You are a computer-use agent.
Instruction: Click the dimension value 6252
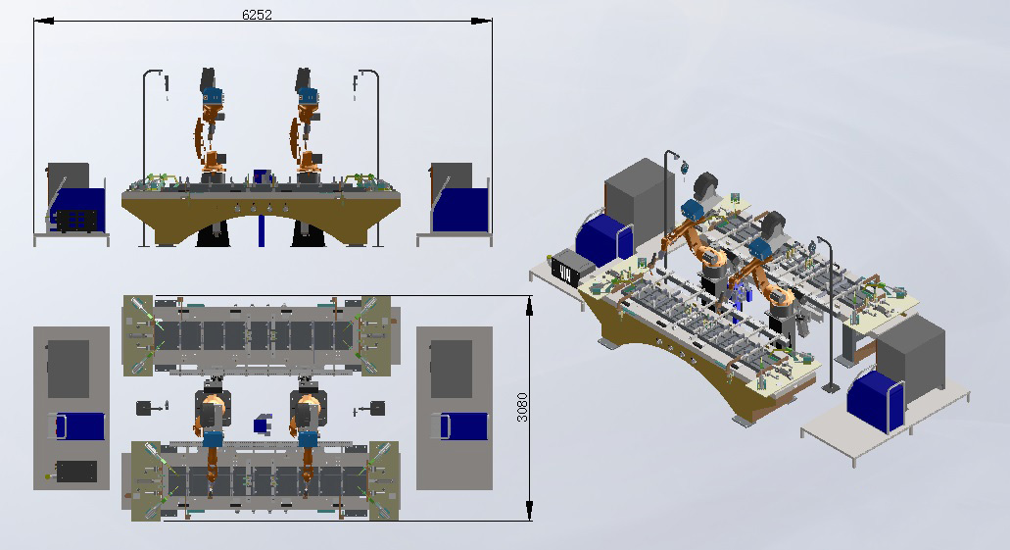pos(257,14)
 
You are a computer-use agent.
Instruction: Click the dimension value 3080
pos(522,408)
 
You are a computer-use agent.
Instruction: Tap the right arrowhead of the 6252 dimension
pos(482,21)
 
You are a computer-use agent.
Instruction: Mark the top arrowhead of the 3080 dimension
pos(529,306)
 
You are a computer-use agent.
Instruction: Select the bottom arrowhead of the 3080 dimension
pos(529,511)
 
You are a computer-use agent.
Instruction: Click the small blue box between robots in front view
pos(263,176)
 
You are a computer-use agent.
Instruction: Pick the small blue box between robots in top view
pos(263,425)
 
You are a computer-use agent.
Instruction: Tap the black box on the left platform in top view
pos(76,472)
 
